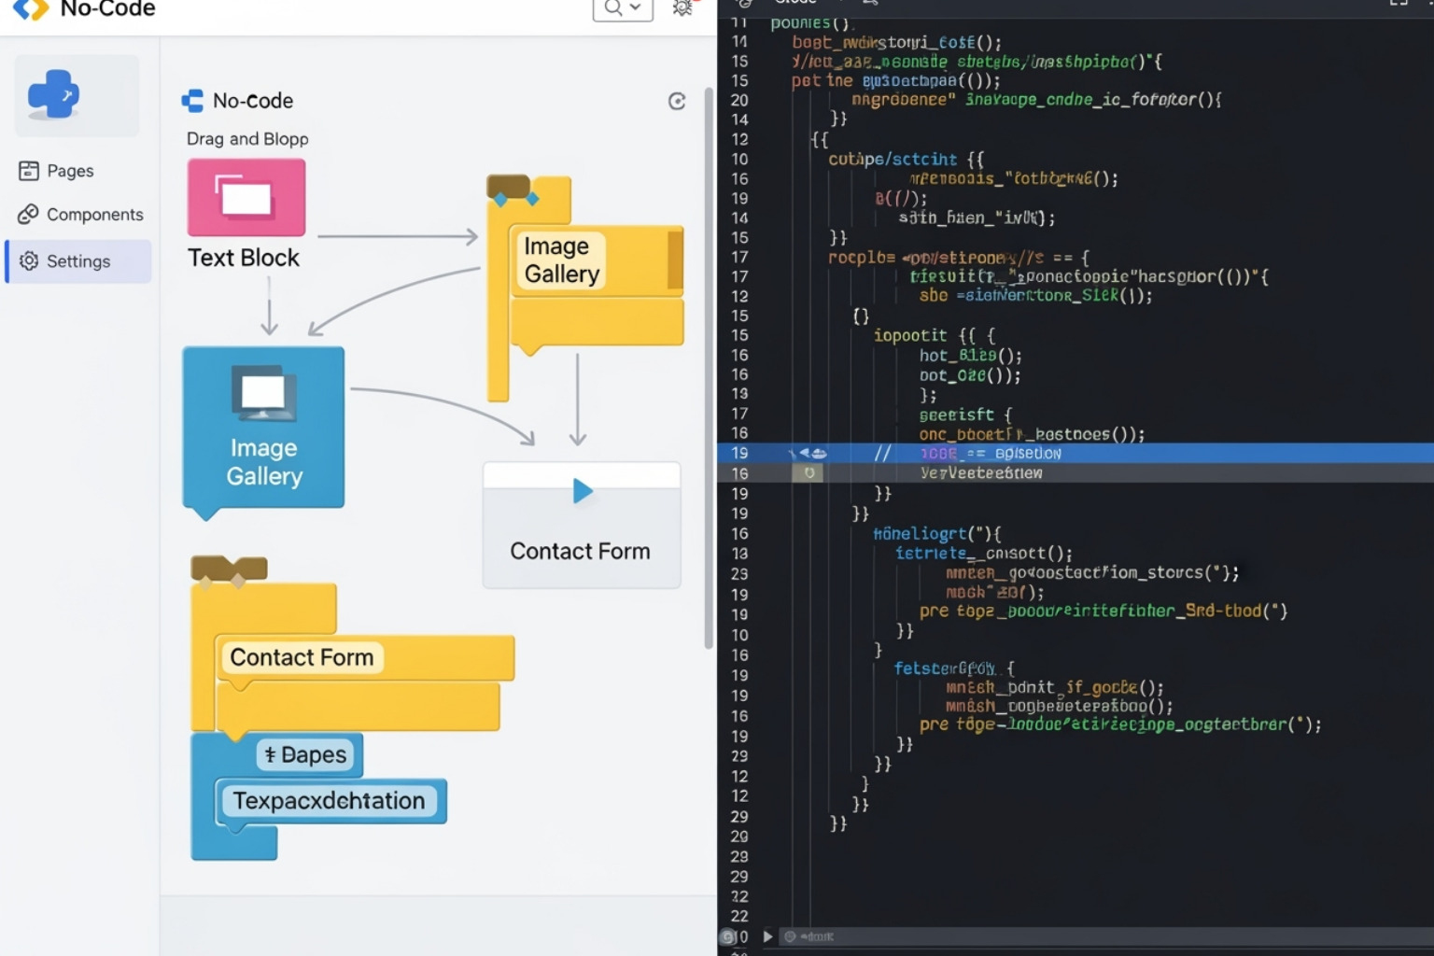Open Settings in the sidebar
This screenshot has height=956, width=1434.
[78, 261]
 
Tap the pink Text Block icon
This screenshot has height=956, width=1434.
[246, 197]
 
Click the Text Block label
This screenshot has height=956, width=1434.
[244, 258]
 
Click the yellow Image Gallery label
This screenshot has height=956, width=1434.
[561, 260]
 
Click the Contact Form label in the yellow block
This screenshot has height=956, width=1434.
[302, 657]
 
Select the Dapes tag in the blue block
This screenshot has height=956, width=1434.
[306, 754]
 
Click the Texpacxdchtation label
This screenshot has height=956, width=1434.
[329, 801]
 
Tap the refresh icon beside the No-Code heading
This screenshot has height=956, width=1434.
[677, 102]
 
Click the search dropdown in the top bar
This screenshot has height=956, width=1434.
[622, 8]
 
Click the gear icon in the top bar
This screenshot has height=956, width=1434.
[683, 8]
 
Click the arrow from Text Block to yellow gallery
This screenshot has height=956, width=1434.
[398, 237]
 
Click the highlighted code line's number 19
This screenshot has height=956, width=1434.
[739, 454]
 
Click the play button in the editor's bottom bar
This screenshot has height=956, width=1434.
[767, 936]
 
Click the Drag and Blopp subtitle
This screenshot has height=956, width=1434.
[247, 139]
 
